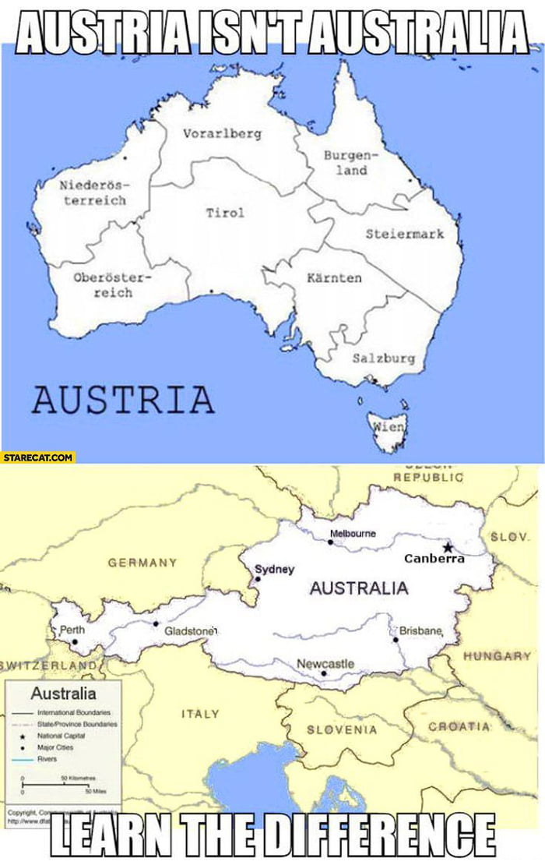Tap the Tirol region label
[x=225, y=213]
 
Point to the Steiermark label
[x=405, y=234]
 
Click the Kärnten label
[x=334, y=277]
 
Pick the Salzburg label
[x=384, y=358]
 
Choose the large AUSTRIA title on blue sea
[x=123, y=399]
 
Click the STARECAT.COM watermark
[x=37, y=457]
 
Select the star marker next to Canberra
[x=448, y=547]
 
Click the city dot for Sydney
[x=258, y=579]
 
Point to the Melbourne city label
[x=353, y=534]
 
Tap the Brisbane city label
[x=421, y=630]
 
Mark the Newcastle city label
[x=325, y=663]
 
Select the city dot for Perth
[x=75, y=642]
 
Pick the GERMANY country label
[x=142, y=562]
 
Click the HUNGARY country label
[x=497, y=656]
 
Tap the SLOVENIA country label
[x=342, y=730]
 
